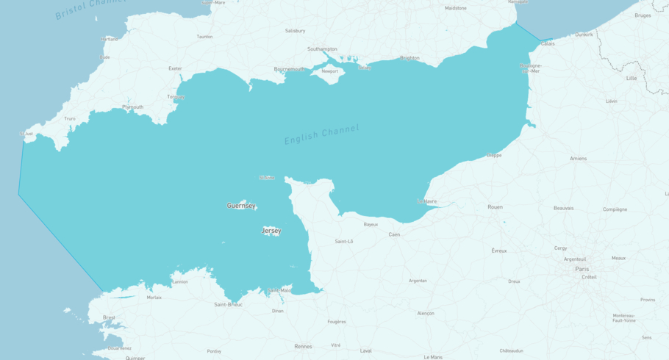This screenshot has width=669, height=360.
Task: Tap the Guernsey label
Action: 241,206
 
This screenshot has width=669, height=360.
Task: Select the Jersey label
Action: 271,231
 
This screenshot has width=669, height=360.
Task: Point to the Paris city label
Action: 582,269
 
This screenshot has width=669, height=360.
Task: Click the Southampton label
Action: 322,49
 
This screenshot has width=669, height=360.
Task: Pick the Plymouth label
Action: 133,107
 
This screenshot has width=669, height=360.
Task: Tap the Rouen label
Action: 495,207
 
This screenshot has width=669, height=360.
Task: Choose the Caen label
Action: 395,234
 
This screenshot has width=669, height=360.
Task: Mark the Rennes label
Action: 303,346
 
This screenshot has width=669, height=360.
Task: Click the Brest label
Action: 109,317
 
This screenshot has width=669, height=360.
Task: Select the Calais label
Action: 548,43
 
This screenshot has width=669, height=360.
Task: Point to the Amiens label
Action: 578,159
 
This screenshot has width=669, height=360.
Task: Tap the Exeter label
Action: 175,68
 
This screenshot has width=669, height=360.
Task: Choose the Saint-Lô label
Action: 344,241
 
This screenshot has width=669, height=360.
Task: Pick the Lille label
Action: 632,78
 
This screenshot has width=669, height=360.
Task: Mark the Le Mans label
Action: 433,357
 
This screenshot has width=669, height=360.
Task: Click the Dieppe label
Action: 494,155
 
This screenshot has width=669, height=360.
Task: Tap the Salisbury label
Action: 296,31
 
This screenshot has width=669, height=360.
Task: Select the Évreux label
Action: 499,251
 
